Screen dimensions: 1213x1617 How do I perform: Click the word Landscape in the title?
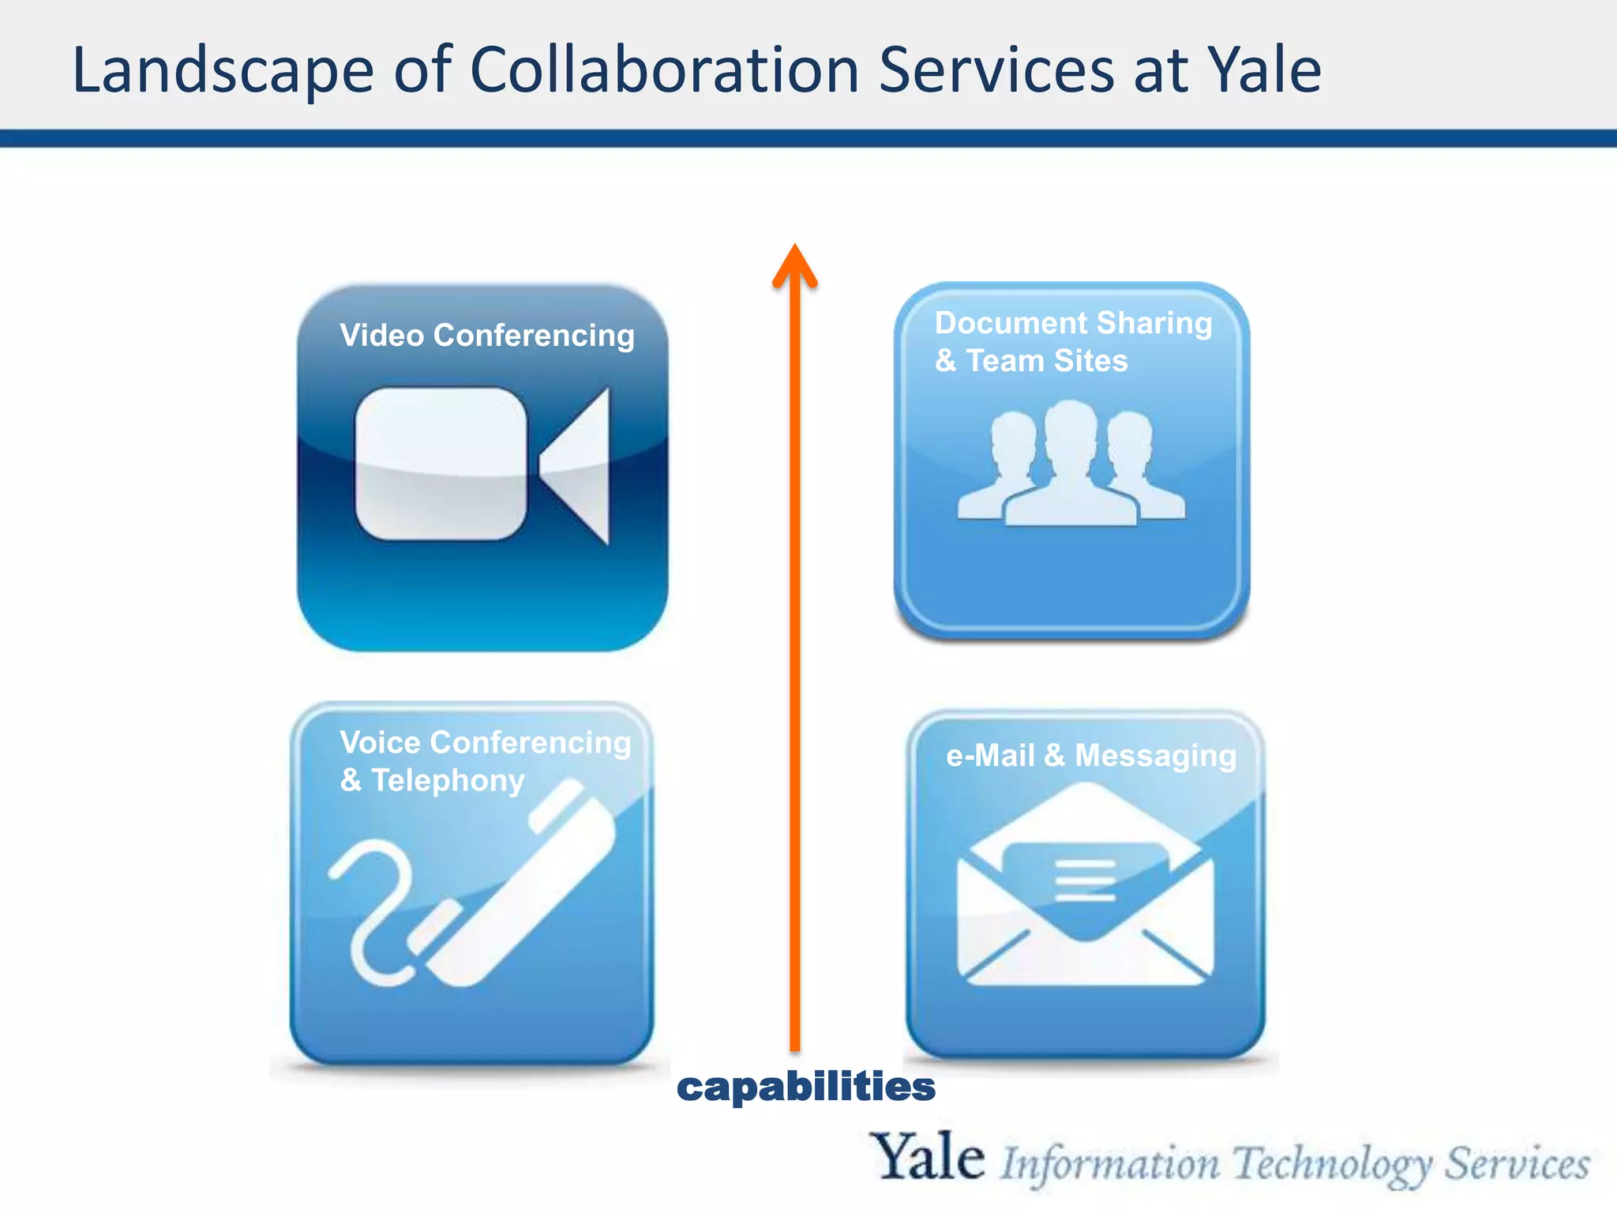pyautogui.click(x=223, y=71)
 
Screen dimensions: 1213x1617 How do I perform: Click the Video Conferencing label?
pyautogui.click(x=487, y=336)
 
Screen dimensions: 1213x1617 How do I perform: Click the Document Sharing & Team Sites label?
pyautogui.click(x=1072, y=341)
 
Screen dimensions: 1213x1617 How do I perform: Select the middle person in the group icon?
pyautogui.click(x=1071, y=466)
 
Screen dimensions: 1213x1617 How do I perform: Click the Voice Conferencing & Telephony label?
pyautogui.click(x=485, y=760)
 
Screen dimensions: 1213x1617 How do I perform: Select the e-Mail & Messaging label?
pyautogui.click(x=1091, y=756)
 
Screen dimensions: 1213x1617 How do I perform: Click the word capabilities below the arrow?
pyautogui.click(x=806, y=1087)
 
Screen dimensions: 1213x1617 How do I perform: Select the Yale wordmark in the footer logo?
pyautogui.click(x=927, y=1157)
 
